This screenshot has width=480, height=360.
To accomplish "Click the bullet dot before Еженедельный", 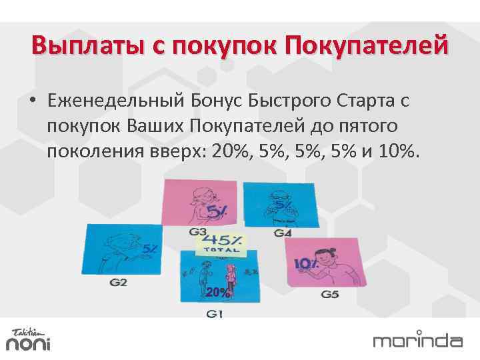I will (x=32, y=101).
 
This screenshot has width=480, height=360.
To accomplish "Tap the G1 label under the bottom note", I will (x=215, y=314).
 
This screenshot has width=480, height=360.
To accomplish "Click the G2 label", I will (x=118, y=282).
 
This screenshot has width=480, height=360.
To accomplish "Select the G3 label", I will (x=198, y=232).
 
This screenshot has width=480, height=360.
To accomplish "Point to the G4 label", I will (x=283, y=233).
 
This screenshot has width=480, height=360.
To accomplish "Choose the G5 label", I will (x=330, y=294).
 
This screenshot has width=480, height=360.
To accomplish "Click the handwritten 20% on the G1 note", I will (x=218, y=292).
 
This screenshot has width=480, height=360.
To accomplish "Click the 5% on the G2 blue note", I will (x=150, y=249).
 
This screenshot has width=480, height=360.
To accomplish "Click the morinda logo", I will (x=417, y=340).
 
